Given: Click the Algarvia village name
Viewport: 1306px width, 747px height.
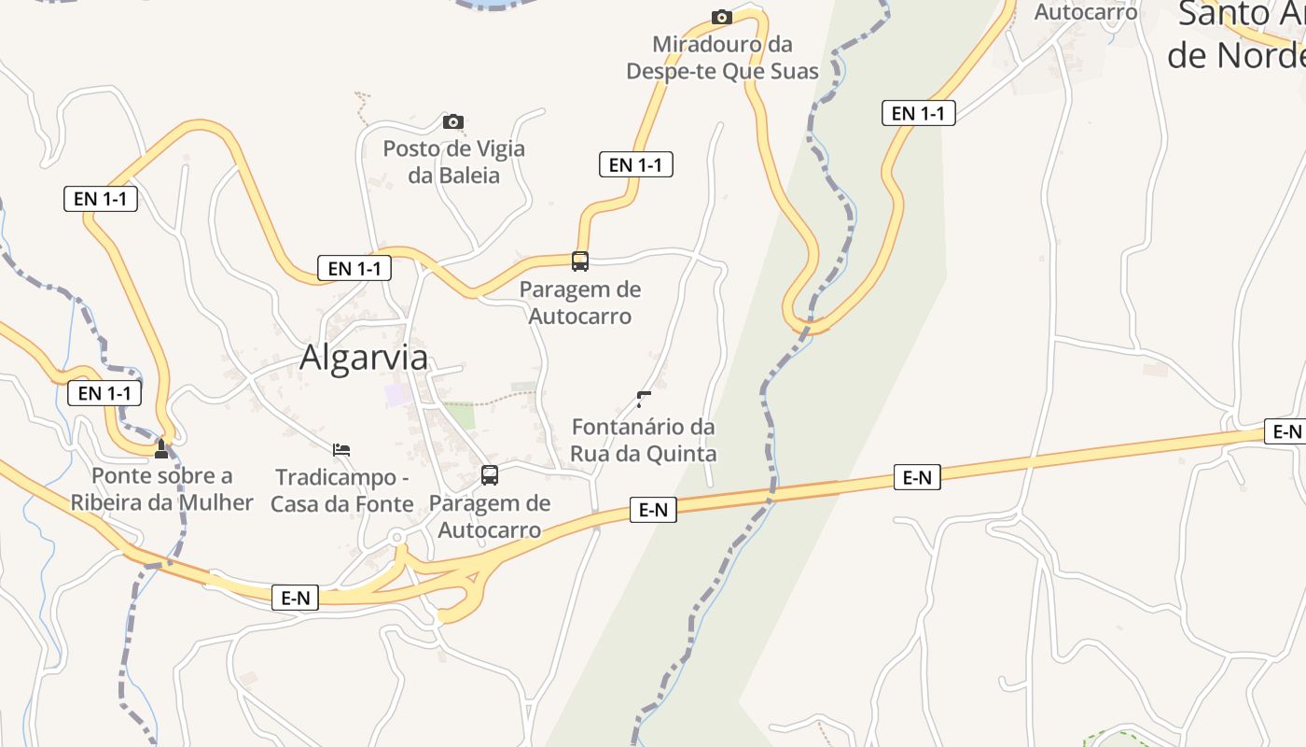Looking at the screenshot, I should pyautogui.click(x=364, y=358).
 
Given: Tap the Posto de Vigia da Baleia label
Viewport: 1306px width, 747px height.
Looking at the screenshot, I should pyautogui.click(x=453, y=162).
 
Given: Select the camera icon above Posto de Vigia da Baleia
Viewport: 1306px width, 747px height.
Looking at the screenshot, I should pyautogui.click(x=453, y=121).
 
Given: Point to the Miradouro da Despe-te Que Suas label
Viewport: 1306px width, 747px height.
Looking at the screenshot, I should pyautogui.click(x=722, y=58).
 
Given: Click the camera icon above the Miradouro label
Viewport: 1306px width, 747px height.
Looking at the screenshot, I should pyautogui.click(x=721, y=17).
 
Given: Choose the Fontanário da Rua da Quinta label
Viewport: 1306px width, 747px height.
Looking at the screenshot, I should pyautogui.click(x=644, y=441).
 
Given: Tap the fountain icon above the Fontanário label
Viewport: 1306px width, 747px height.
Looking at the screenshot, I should pyautogui.click(x=643, y=400).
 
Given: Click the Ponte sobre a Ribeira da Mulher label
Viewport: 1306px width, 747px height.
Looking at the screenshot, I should pyautogui.click(x=161, y=489).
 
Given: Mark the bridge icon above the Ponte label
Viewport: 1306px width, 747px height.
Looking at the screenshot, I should pyautogui.click(x=161, y=449).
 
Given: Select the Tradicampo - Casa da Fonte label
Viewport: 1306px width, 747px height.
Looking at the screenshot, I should pyautogui.click(x=342, y=491).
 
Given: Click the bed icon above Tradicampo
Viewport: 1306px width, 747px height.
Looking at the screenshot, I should pyautogui.click(x=341, y=450).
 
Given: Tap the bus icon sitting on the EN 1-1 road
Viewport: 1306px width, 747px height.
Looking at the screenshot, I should pyautogui.click(x=580, y=261).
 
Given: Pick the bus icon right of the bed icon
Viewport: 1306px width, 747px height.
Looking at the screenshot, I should pyautogui.click(x=490, y=475).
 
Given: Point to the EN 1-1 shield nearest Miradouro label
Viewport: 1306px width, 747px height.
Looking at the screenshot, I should pyautogui.click(x=635, y=165).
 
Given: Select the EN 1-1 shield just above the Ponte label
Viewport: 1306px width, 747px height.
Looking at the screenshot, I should pyautogui.click(x=104, y=393).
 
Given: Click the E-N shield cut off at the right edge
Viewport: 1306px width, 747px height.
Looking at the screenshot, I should pyautogui.click(x=1285, y=431).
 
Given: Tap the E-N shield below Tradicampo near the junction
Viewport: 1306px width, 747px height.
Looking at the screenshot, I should pyautogui.click(x=296, y=598).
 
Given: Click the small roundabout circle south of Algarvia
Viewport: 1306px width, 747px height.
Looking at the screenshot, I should pyautogui.click(x=397, y=537).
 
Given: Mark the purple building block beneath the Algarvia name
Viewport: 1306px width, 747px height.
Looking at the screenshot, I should pyautogui.click(x=397, y=394).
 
